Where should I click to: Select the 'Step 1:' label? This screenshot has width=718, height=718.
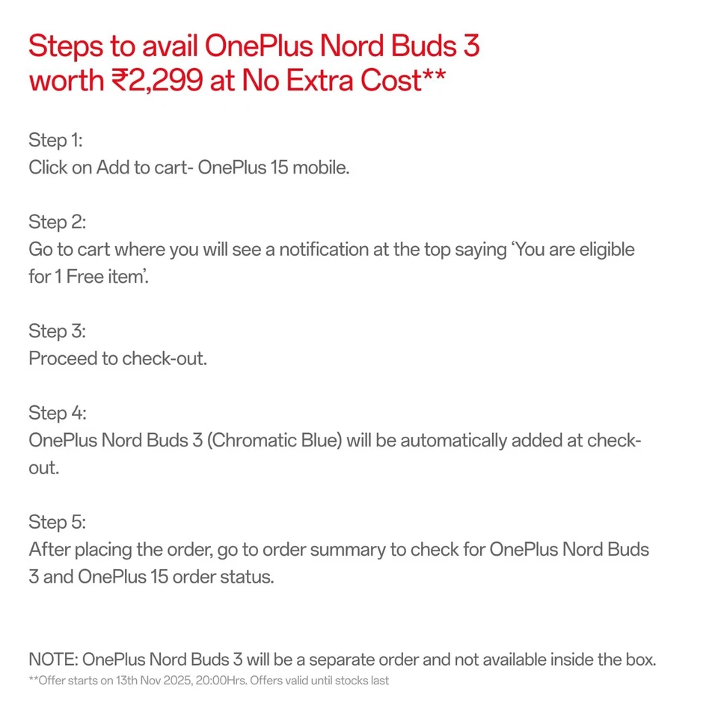pos(55,140)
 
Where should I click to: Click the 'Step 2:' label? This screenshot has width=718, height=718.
pos(57,221)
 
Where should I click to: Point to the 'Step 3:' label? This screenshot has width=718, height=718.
pos(57,331)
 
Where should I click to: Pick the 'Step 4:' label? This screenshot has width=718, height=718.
pos(58,412)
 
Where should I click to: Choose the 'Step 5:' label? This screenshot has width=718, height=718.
pos(57,521)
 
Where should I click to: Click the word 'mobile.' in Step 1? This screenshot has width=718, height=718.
pos(321,167)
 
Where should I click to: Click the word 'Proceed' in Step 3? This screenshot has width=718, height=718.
pos(62,358)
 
